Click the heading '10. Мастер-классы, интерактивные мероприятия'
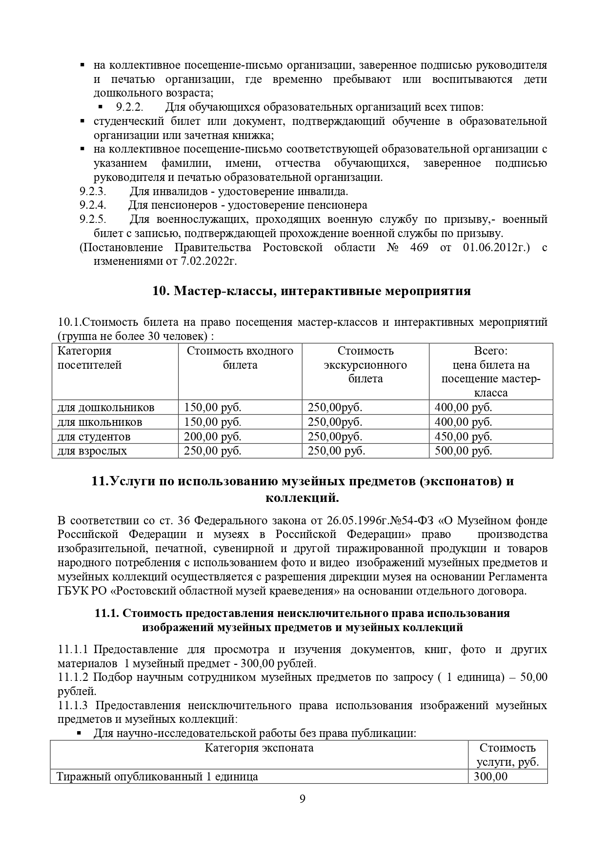tap(311, 291)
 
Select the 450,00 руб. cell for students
tap(463, 437)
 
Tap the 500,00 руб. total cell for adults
tap(463, 451)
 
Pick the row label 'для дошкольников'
tap(106, 407)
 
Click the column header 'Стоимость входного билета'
tap(240, 358)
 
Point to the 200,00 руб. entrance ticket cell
tap(212, 437)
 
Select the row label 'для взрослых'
tap(92, 451)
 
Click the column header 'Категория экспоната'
tap(259, 748)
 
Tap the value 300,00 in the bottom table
tap(490, 776)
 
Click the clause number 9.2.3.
tap(93, 191)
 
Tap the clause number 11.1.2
tap(73, 677)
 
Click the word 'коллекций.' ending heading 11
tap(302, 498)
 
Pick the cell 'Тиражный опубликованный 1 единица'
tap(157, 776)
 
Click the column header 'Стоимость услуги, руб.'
tap(507, 755)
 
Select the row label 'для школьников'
tap(100, 422)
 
